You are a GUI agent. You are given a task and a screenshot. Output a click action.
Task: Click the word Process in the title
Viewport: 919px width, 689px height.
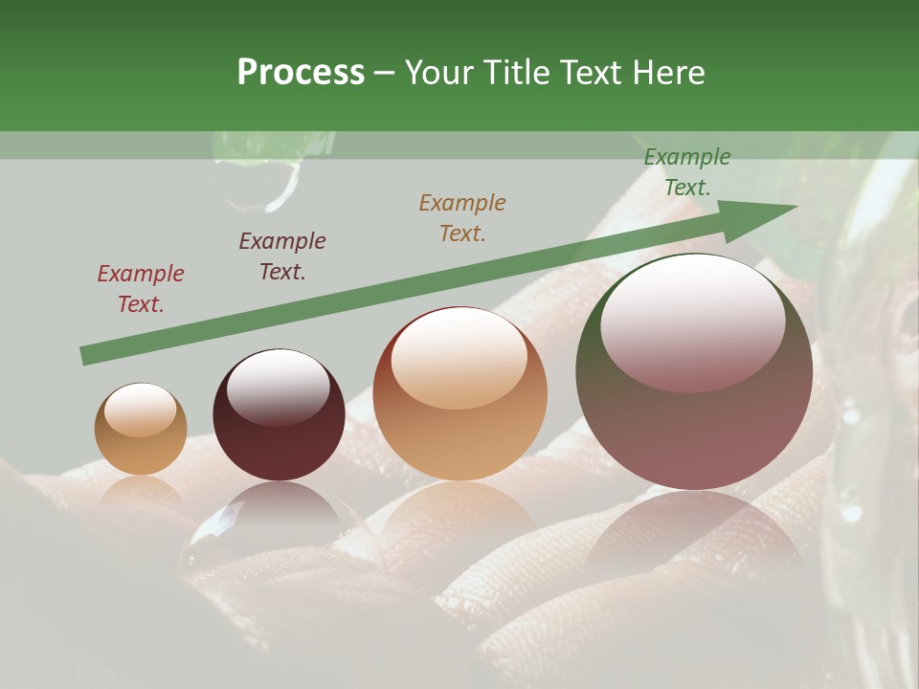(301, 73)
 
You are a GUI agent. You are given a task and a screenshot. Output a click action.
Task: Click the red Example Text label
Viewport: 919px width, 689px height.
(141, 288)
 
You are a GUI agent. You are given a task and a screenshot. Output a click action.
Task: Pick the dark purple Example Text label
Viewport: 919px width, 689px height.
(281, 256)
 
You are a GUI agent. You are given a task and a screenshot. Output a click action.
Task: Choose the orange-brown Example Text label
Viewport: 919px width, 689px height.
(461, 217)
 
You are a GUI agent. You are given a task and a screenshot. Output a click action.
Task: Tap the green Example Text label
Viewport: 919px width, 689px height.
(686, 172)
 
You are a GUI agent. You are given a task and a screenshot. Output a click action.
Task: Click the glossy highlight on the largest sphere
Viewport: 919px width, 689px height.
(692, 321)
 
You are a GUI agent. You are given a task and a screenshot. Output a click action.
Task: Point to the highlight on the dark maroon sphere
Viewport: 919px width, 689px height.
(278, 386)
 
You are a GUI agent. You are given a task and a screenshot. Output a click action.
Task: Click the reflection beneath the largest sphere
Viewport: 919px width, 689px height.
(693, 531)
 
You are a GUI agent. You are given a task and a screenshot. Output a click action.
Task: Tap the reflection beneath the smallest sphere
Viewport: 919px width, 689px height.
(141, 494)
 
